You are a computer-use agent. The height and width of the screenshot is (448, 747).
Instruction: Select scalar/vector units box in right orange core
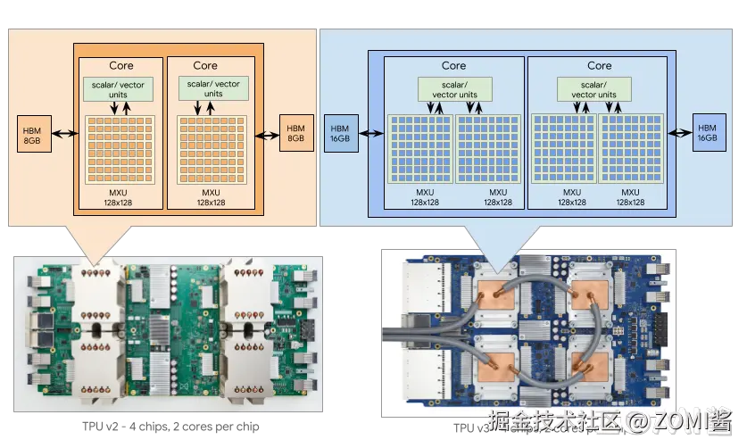(213, 89)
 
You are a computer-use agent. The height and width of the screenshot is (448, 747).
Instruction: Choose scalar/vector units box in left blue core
(455, 89)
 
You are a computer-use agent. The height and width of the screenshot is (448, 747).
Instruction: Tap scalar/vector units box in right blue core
(593, 89)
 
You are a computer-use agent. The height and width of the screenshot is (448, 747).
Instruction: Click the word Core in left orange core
(121, 65)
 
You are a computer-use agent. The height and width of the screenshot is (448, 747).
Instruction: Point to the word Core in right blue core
(600, 65)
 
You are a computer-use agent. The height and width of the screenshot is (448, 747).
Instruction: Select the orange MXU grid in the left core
(120, 150)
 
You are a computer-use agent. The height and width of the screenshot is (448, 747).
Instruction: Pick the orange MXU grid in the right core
(213, 150)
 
